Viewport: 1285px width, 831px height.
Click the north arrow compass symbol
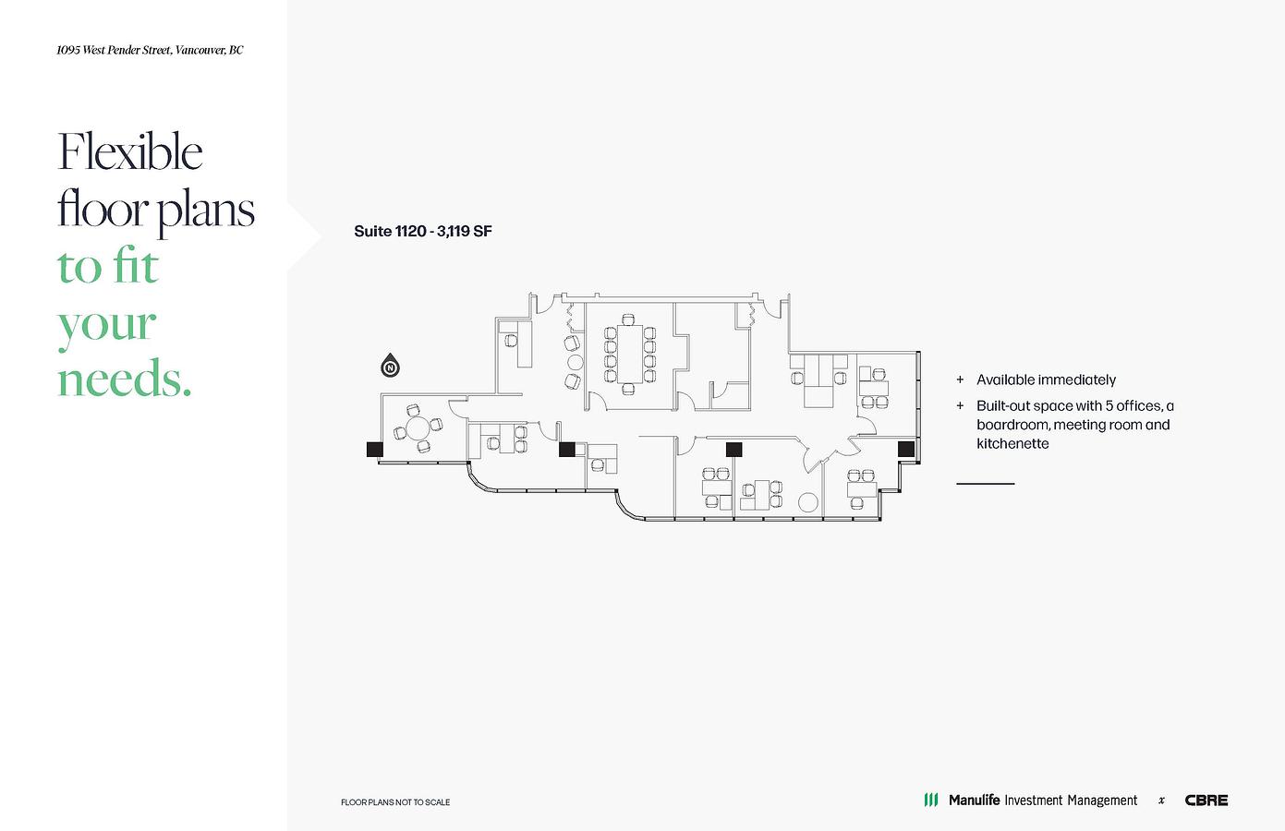click(391, 366)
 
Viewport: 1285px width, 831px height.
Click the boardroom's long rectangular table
click(630, 354)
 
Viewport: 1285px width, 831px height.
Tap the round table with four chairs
click(418, 428)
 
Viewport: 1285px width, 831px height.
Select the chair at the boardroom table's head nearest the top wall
click(629, 319)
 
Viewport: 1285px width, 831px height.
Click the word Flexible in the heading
click(129, 151)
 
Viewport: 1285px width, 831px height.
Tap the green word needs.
click(124, 379)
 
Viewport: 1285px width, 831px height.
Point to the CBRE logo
click(1206, 800)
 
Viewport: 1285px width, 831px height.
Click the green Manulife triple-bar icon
click(931, 800)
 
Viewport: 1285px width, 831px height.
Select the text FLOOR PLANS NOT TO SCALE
click(395, 802)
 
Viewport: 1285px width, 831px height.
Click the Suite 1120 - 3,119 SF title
click(423, 231)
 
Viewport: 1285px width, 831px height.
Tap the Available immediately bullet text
click(1046, 379)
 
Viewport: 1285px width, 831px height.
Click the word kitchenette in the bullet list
click(1012, 443)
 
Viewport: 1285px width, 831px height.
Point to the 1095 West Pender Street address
click(150, 50)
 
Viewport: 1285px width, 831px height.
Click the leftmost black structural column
click(375, 449)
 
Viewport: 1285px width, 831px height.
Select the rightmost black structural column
click(906, 449)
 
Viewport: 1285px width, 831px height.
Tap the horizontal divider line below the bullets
click(985, 484)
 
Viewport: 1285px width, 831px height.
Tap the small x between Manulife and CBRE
click(1161, 801)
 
